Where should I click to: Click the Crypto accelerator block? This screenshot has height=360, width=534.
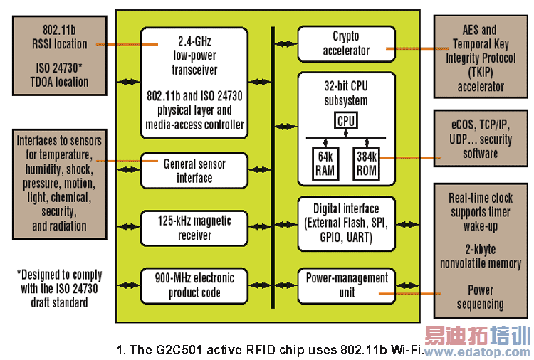pos(346,43)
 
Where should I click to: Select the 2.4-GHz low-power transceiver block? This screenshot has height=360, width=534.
pos(194,80)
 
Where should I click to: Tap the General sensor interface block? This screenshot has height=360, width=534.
pos(194,171)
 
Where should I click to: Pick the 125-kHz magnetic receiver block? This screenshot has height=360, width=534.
pos(194,228)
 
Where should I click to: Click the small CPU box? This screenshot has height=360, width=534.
pos(346,121)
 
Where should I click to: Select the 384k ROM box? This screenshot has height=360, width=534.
pos(367,163)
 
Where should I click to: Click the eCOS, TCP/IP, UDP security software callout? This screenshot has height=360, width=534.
pos(480,138)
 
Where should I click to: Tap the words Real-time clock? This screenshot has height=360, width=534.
pos(480,198)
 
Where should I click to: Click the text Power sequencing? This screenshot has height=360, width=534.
pos(480,297)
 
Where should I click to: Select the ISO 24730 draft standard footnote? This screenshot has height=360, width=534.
pos(58,288)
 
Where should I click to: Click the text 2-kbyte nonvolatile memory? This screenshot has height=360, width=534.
pos(480,255)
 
